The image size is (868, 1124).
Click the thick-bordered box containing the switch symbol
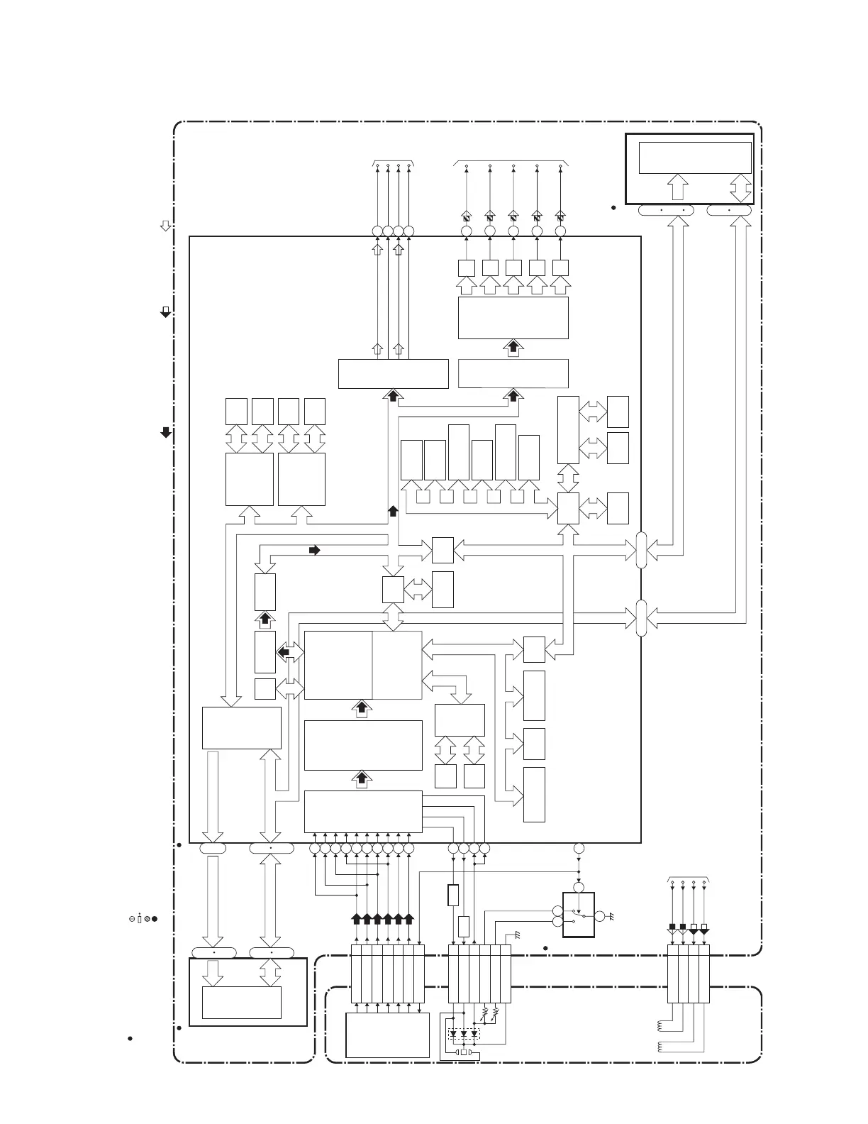click(578, 915)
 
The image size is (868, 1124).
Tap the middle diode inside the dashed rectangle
click(463, 1034)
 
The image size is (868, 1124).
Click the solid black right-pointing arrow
click(315, 550)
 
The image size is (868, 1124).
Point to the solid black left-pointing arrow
click(283, 651)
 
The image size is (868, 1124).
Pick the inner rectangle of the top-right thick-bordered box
click(694, 158)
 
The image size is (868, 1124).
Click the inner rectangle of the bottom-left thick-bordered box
click(241, 1002)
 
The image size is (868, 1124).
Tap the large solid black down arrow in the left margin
click(166, 432)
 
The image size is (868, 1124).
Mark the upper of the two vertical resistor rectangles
click(454, 896)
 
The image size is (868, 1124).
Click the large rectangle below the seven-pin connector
click(387, 1035)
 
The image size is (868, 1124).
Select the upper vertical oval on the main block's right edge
click(641, 550)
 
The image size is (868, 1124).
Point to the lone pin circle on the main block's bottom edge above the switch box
click(578, 849)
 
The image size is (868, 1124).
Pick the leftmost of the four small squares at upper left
click(236, 412)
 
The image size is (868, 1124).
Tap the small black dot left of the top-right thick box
click(613, 208)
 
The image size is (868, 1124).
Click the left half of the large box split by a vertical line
click(338, 665)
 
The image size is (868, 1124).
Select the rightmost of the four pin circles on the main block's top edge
click(408, 231)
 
